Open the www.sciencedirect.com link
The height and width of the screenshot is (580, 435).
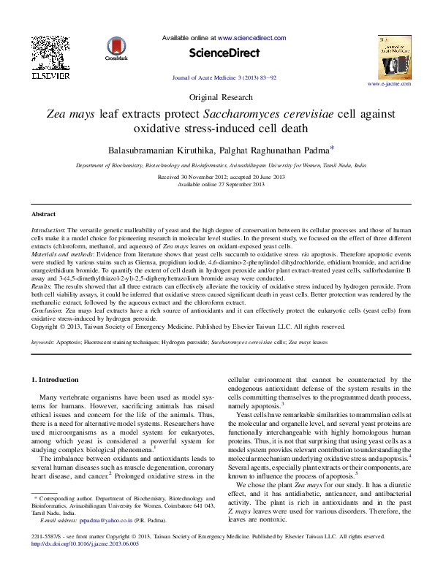tap(252, 37)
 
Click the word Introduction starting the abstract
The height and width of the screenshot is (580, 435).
tap(48, 230)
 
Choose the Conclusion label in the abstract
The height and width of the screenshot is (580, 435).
tap(47, 310)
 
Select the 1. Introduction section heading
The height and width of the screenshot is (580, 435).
tap(58, 381)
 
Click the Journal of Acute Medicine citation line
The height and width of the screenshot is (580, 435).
tap(217, 77)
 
